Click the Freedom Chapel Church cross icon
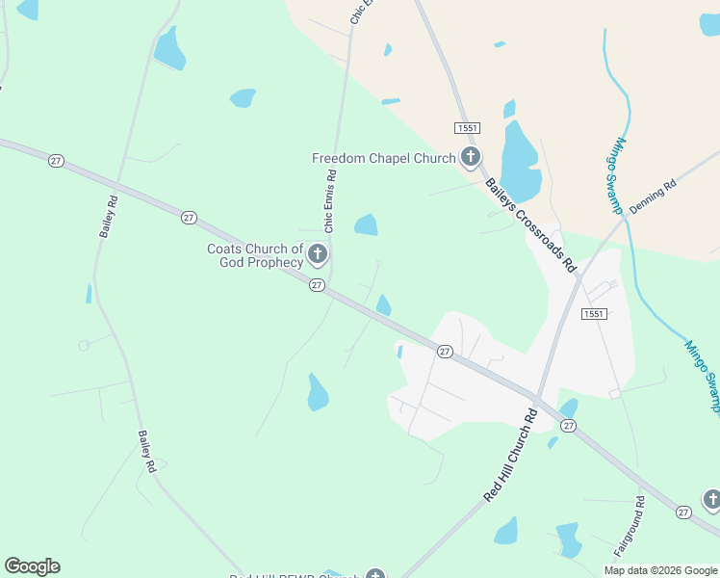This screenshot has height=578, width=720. pyautogui.click(x=471, y=157)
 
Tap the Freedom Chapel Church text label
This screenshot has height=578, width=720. pyautogui.click(x=383, y=158)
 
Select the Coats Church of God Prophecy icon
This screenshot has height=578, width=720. pyautogui.click(x=318, y=255)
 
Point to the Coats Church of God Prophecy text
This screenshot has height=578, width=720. pyautogui.click(x=255, y=255)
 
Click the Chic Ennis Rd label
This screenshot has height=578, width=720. pyautogui.click(x=330, y=201)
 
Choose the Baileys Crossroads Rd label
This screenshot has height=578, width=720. pyautogui.click(x=529, y=224)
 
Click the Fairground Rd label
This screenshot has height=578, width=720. pyautogui.click(x=630, y=526)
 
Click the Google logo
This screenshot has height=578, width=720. pyautogui.click(x=32, y=566)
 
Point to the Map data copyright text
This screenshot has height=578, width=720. pyautogui.click(x=660, y=570)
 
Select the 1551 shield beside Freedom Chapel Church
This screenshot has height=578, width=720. pyautogui.click(x=467, y=128)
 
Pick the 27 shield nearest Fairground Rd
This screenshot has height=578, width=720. pyautogui.click(x=683, y=512)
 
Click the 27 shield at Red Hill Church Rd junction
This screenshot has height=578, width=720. pyautogui.click(x=568, y=425)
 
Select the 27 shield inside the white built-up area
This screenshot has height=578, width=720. pyautogui.click(x=445, y=352)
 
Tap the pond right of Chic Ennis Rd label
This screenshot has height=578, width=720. pyautogui.click(x=366, y=225)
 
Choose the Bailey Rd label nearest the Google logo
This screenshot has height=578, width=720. pyautogui.click(x=146, y=451)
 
